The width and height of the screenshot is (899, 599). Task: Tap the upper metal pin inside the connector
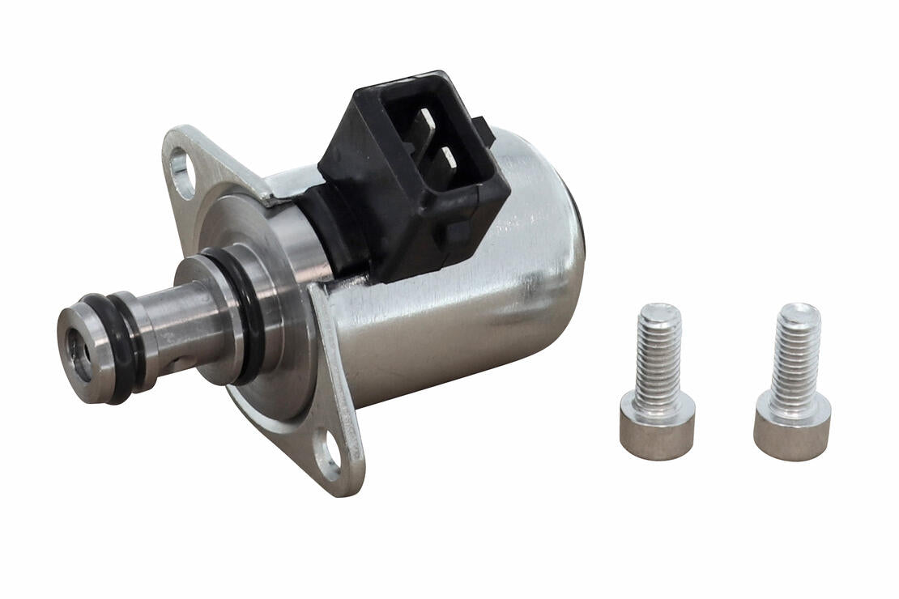point(425,127)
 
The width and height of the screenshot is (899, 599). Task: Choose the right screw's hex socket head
point(792,429)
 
